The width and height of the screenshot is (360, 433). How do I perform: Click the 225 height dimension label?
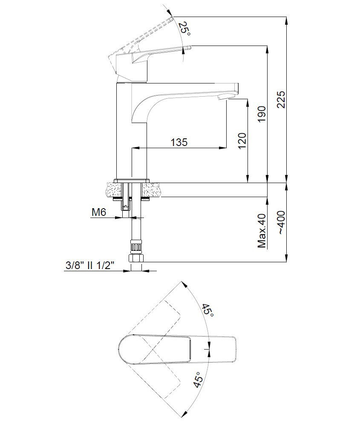[281, 99]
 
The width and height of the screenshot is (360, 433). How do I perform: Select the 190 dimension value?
[261, 114]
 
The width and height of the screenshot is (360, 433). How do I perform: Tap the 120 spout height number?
[242, 141]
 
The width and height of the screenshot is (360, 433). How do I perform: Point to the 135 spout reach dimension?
[179, 142]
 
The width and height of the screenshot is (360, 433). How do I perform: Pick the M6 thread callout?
[99, 212]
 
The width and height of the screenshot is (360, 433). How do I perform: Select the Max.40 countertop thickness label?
[262, 231]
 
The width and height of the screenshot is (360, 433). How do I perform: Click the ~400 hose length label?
[281, 223]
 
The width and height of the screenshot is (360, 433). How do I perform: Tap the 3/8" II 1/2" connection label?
[90, 266]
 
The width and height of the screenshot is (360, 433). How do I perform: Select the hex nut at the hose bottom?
[136, 258]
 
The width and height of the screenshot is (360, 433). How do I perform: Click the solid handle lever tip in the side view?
[188, 47]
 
